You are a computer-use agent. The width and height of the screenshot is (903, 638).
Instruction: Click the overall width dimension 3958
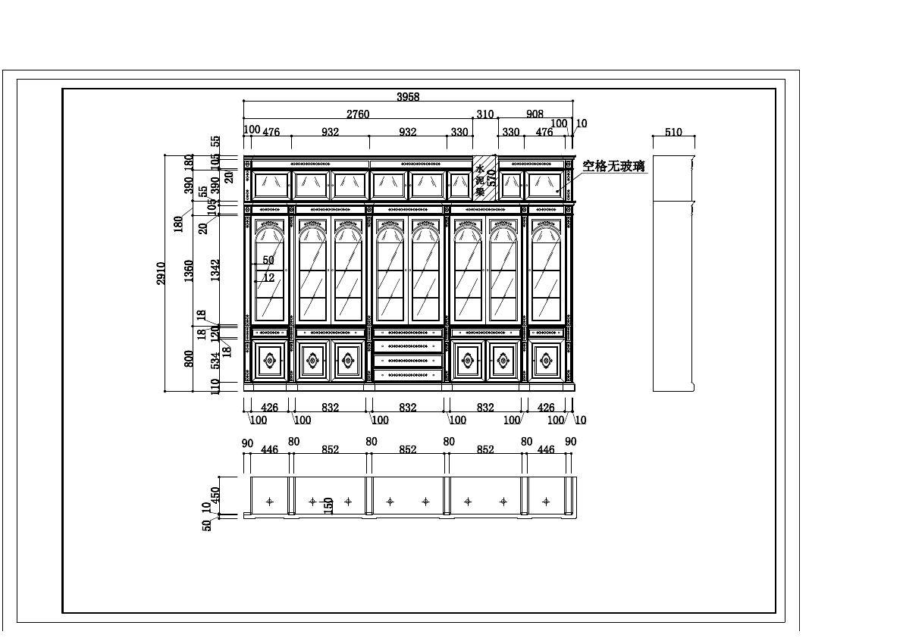click(408, 96)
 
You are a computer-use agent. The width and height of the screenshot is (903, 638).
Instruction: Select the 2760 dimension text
click(358, 114)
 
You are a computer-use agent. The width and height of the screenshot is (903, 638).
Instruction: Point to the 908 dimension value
click(535, 114)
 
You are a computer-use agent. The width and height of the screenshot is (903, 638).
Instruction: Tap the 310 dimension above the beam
click(484, 114)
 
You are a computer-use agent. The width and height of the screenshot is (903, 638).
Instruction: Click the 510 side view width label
click(673, 132)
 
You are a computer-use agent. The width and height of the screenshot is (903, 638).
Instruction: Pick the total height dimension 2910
click(161, 274)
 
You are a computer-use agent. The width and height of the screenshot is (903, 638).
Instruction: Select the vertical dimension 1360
click(190, 271)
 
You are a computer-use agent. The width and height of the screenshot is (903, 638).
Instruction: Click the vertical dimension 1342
click(216, 271)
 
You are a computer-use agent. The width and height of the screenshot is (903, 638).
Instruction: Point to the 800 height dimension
click(190, 358)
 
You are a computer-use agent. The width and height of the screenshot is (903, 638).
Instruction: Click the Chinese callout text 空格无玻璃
click(613, 166)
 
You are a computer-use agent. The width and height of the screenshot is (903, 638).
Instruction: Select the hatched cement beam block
click(484, 179)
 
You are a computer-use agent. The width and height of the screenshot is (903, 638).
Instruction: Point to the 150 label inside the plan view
click(329, 505)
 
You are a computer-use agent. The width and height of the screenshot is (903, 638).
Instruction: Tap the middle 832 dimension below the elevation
click(408, 408)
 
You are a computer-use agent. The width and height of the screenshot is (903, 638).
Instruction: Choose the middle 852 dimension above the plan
click(408, 449)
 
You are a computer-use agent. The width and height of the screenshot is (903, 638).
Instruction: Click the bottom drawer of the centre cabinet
click(408, 375)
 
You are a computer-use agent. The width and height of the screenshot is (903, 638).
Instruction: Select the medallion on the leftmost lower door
click(269, 361)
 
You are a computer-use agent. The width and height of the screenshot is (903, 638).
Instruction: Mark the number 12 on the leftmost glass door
click(268, 278)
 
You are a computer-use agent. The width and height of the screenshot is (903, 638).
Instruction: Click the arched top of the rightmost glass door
click(547, 232)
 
